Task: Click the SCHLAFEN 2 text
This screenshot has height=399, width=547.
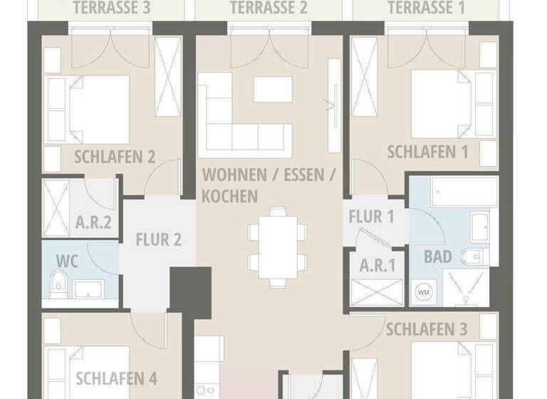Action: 115,157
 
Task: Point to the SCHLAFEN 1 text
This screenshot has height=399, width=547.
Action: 427,152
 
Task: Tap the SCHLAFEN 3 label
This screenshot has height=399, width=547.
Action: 427,328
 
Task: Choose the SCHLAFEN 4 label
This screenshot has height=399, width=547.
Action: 116,378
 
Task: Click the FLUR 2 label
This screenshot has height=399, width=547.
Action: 158,239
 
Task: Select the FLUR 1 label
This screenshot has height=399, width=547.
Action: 371,217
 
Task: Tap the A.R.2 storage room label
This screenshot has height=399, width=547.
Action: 93,222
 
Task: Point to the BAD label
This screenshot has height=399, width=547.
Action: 438,256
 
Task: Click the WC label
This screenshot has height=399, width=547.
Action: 66,259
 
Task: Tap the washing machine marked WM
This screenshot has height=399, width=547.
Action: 424,292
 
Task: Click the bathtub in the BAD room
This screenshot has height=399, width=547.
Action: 454,192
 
